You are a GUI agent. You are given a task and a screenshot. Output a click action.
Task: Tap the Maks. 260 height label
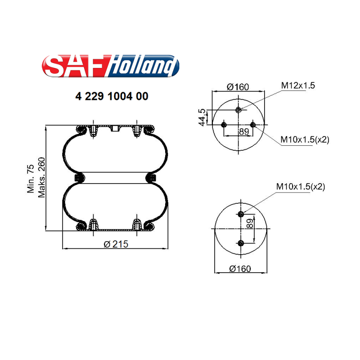(x=42, y=178)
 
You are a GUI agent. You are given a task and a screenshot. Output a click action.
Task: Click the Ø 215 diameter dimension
(x=116, y=244)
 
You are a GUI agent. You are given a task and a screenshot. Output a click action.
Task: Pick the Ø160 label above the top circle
(x=238, y=87)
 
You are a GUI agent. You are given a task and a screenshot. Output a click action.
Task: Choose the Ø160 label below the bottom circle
(x=240, y=269)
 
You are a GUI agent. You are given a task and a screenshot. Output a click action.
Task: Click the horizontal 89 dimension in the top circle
(x=244, y=131)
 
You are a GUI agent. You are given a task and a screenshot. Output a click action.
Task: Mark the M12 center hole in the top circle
(x=238, y=110)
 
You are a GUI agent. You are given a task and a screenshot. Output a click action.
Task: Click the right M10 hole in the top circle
(x=253, y=125)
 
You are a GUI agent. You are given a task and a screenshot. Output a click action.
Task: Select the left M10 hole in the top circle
(x=224, y=125)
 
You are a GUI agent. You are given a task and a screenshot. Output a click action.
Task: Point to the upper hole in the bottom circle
(x=241, y=214)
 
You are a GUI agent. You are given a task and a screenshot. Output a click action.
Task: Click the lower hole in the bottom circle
(x=241, y=243)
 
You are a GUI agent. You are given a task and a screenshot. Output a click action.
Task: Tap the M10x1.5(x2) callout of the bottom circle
(x=301, y=187)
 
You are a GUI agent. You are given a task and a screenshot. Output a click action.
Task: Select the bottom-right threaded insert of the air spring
(x=137, y=225)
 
